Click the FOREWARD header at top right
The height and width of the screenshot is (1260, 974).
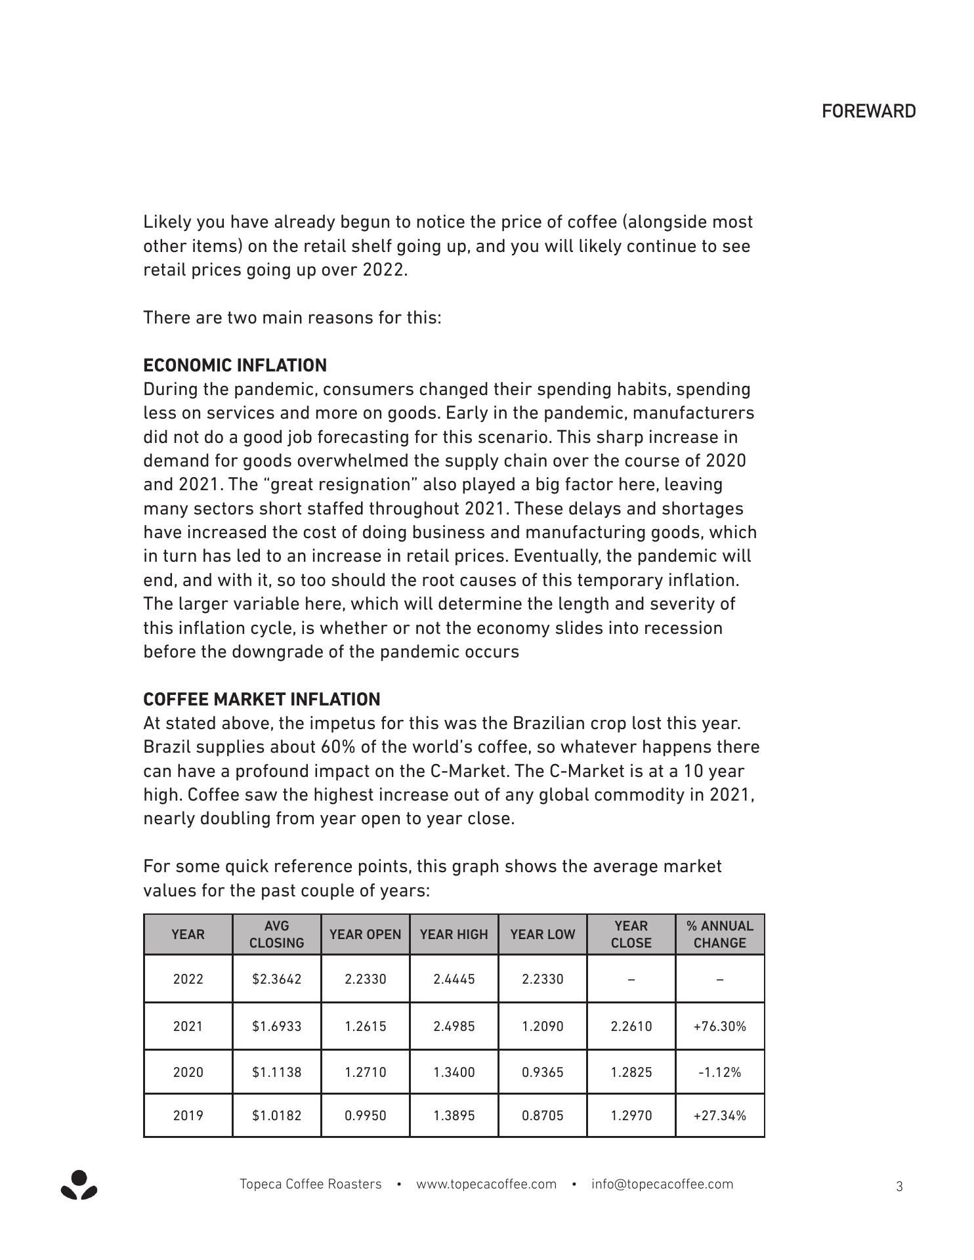click(868, 112)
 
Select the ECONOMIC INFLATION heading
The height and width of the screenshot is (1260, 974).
click(235, 366)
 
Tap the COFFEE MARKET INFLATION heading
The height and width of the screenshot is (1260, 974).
click(262, 699)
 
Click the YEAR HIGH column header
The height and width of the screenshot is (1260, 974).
click(454, 934)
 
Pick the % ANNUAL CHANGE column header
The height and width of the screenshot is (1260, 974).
click(719, 934)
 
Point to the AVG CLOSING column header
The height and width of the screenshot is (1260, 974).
click(276, 934)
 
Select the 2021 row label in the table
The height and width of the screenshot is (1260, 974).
click(188, 1026)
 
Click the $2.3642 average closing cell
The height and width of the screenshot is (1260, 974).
click(276, 979)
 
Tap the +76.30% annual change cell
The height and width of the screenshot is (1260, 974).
click(719, 1026)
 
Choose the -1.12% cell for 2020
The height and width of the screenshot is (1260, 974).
click(719, 1072)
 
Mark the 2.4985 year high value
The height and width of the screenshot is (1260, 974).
click(454, 1026)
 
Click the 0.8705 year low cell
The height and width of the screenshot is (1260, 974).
click(542, 1116)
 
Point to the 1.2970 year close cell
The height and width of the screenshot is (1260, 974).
click(631, 1116)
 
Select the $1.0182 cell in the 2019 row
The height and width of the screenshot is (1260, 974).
click(276, 1116)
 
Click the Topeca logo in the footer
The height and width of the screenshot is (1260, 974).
click(79, 1185)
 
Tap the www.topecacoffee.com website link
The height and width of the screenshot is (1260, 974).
click(486, 1185)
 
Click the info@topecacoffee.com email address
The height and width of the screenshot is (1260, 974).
click(662, 1185)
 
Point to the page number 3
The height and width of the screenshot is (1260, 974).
click(899, 1186)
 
